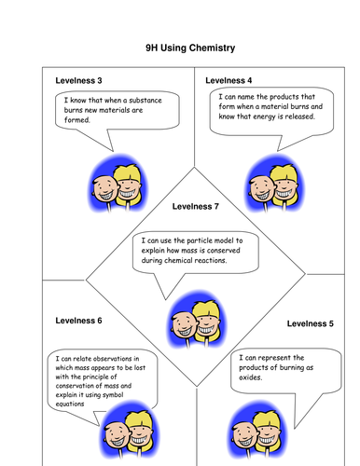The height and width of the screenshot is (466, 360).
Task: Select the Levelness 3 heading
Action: [x=79, y=81]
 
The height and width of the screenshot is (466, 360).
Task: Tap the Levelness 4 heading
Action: [x=229, y=81]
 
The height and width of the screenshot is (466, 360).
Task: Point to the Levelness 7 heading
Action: [x=196, y=206]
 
